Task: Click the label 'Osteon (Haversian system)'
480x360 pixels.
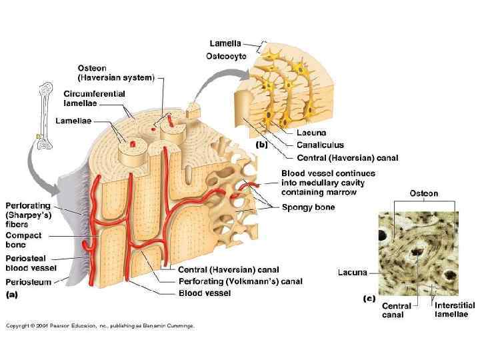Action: pyautogui.click(x=115, y=73)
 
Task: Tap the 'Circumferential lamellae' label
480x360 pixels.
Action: pyautogui.click(x=94, y=98)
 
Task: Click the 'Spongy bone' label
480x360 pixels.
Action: pyautogui.click(x=308, y=207)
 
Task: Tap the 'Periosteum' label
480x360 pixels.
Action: pyautogui.click(x=28, y=282)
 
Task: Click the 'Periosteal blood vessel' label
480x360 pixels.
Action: pyautogui.click(x=31, y=263)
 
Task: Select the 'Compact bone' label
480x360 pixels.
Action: pyautogui.click(x=23, y=240)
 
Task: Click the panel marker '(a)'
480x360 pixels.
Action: pyautogui.click(x=13, y=294)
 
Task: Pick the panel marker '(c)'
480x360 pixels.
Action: pyautogui.click(x=369, y=299)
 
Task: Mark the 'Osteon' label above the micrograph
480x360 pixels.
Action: pyautogui.click(x=423, y=193)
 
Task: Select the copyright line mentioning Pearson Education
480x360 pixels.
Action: pyautogui.click(x=100, y=326)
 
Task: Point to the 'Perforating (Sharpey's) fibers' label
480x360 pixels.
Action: pyautogui.click(x=27, y=215)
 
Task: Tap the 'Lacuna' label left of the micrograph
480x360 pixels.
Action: pyautogui.click(x=352, y=272)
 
